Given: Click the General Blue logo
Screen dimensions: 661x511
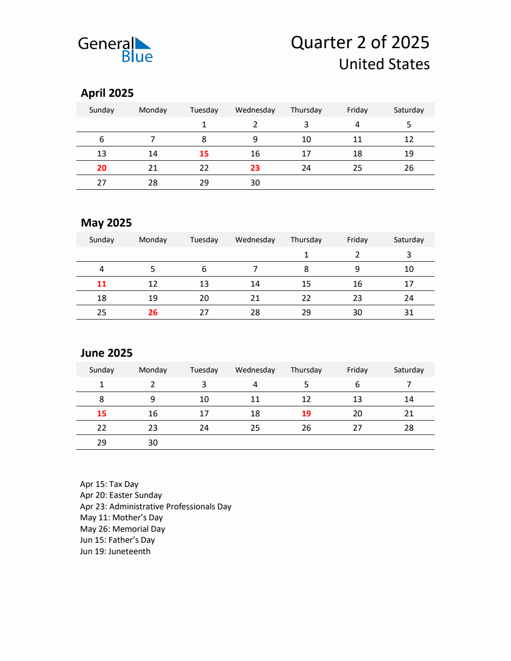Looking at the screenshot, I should coord(115,50).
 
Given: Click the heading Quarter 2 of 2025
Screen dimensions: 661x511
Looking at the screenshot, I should coord(360,42).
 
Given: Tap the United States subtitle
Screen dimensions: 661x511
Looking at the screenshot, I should coord(384,64).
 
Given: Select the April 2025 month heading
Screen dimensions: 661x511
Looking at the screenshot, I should coord(107,93).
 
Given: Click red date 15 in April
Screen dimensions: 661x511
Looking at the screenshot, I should coord(204,154).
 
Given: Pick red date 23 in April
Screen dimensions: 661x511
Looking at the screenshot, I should coord(255,168).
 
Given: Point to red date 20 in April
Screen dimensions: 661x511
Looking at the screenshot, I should coord(102,168).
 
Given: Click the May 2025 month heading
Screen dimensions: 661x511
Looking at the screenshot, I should coord(106,223).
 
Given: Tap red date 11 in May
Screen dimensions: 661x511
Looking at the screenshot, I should coord(102,284).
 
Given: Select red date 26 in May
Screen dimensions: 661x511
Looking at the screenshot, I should coord(153,312).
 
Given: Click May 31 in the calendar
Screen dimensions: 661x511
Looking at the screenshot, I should coord(409,312).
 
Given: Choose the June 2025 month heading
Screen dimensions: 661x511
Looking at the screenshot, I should coord(106,353).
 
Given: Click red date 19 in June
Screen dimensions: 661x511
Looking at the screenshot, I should coord(306,413).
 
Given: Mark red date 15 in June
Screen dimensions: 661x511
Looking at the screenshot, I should coord(102,413).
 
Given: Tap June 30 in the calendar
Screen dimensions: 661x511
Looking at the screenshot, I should coord(153,443).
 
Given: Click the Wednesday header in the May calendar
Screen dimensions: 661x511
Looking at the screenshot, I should coord(255,240).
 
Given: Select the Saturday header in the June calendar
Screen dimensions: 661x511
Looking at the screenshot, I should coord(409,370).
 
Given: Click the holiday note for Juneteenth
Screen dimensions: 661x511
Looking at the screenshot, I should coord(115,551).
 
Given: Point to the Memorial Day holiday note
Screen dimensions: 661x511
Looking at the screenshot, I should coord(123,529).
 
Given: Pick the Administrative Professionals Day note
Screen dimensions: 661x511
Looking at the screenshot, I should coord(156,506).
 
